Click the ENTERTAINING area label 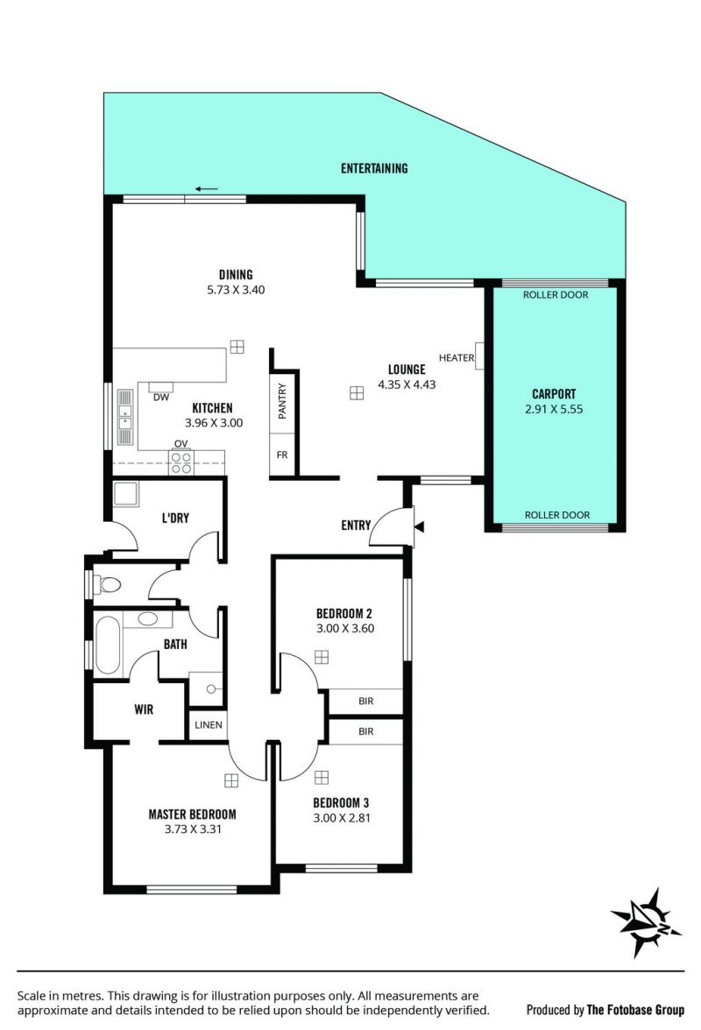[x=374, y=168]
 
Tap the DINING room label [x=236, y=275]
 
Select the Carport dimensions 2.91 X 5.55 [x=554, y=408]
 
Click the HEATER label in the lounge [x=456, y=358]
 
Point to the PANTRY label [x=282, y=401]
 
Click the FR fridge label [x=282, y=455]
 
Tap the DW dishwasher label [x=161, y=398]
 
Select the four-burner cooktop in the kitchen [x=181, y=462]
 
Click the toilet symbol [x=107, y=584]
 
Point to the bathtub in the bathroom [x=108, y=645]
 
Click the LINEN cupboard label [x=209, y=724]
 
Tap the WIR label [x=144, y=709]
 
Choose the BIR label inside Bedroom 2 [x=366, y=701]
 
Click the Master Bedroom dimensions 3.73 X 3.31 [x=193, y=829]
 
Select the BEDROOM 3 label [x=341, y=802]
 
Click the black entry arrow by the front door [x=419, y=526]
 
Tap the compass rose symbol [x=646, y=922]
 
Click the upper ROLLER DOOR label [x=556, y=295]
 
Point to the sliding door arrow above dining [x=206, y=189]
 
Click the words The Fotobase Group [x=635, y=1010]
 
